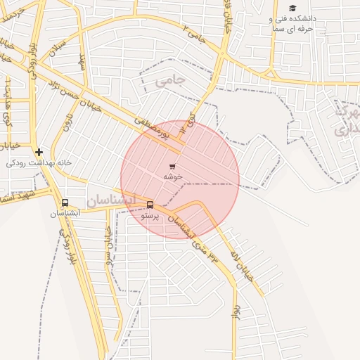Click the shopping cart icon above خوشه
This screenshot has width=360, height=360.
point(172,166)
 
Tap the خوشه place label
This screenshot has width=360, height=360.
point(173,176)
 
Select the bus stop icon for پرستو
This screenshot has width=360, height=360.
point(150,205)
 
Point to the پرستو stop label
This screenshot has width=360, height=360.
point(150,216)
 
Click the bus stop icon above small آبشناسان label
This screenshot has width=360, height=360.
point(65,202)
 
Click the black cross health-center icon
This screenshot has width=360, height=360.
point(39,151)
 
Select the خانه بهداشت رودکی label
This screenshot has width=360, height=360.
point(39,162)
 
